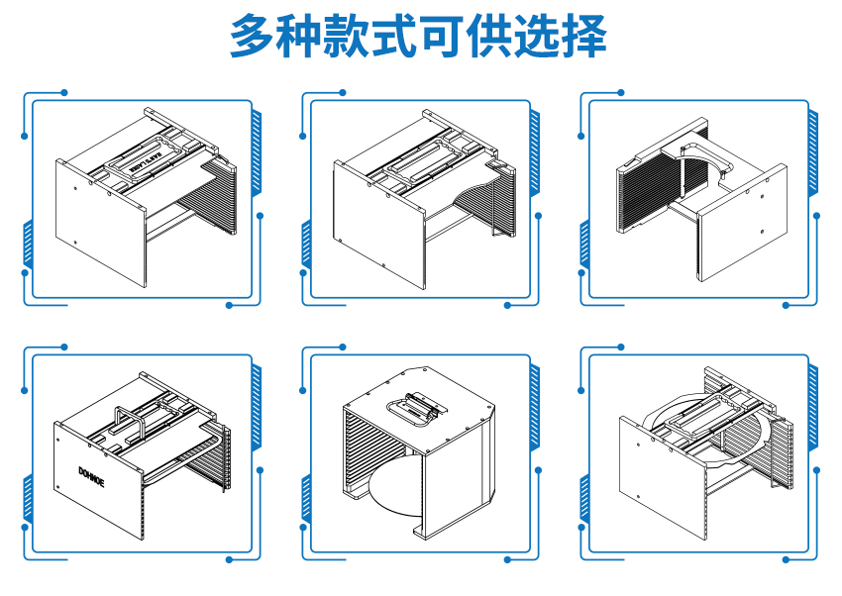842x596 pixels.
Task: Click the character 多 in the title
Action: tap(254, 38)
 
